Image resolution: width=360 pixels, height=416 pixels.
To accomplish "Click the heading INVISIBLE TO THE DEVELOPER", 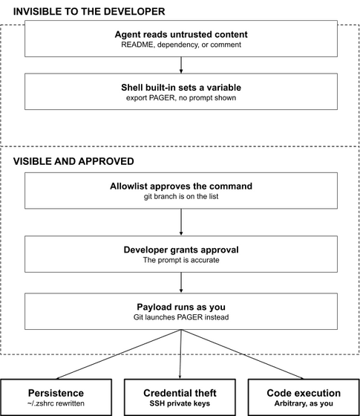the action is (x=89, y=12).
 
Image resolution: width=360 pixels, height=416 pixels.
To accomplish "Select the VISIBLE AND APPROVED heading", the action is (x=73, y=161).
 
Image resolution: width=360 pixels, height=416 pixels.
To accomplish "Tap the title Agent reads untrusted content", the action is (x=181, y=34).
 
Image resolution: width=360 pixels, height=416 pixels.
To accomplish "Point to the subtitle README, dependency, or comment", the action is (x=181, y=45).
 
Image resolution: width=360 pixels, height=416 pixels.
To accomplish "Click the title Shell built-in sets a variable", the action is (x=181, y=88).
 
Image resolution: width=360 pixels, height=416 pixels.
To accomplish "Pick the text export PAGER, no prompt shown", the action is (x=181, y=98).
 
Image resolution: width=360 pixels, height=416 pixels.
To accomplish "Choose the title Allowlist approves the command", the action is (x=181, y=186).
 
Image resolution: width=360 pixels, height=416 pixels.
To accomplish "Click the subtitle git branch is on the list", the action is (x=181, y=197).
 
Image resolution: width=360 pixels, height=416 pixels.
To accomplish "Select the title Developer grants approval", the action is (x=181, y=250).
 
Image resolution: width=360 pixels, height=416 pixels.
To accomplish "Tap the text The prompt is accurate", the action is (x=181, y=260).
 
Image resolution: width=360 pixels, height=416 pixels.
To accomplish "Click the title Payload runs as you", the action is (x=181, y=307).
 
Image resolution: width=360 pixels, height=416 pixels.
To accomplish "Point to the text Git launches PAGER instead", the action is (x=181, y=317).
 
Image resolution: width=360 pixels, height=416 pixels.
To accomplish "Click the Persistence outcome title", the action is (x=56, y=393).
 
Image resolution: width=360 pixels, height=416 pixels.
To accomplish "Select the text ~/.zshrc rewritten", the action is (x=56, y=403).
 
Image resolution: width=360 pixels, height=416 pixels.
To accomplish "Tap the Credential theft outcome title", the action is (x=180, y=393).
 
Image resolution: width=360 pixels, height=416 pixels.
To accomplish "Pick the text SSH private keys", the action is (x=180, y=403).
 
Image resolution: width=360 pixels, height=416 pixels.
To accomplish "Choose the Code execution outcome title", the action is (x=304, y=393).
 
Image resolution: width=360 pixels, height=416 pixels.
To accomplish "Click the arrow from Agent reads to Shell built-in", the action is (x=181, y=65).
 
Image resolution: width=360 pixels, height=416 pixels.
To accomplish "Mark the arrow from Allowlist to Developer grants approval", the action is (x=181, y=222).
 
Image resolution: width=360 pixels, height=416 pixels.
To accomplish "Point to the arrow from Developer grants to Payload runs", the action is (x=181, y=282).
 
